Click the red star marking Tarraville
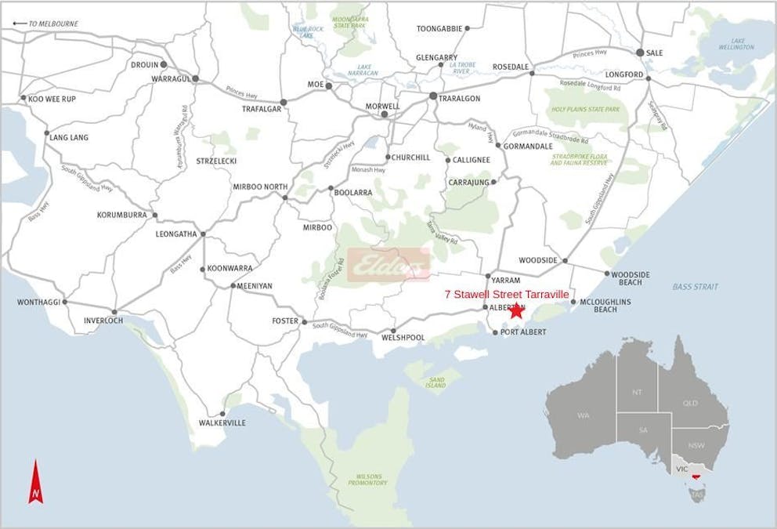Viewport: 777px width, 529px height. [516, 310]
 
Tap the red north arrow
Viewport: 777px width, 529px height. [35, 482]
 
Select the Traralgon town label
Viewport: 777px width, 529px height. [460, 99]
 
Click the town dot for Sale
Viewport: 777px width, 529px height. [640, 53]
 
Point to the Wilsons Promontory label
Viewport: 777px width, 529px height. [367, 479]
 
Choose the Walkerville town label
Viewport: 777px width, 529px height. [222, 423]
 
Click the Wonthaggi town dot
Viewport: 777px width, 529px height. [64, 302]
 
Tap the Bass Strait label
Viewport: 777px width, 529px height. [695, 287]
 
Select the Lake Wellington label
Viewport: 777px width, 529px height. [737, 44]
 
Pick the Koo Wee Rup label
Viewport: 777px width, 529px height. [51, 100]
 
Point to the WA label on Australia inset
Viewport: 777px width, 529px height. [584, 415]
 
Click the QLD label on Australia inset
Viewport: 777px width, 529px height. [690, 404]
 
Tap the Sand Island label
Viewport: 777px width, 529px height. [435, 382]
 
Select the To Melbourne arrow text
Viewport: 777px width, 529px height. [47, 24]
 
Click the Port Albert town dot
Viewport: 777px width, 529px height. [495, 332]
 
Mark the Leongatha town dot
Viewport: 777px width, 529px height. [203, 234]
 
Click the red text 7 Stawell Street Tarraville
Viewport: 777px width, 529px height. [506, 294]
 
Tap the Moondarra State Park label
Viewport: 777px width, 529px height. [350, 22]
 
